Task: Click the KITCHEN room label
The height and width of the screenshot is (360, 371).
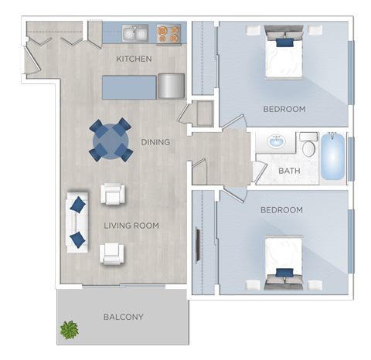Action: [x=134, y=59]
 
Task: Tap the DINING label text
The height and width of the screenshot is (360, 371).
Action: [x=155, y=142]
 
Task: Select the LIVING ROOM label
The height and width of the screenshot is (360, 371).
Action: [x=131, y=226]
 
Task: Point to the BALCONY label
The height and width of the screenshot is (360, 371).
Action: [x=123, y=317]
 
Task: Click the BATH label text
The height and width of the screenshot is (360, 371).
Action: [x=289, y=171]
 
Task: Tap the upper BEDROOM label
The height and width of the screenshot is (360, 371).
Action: [x=284, y=109]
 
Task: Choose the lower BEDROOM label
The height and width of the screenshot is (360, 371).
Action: [x=281, y=210]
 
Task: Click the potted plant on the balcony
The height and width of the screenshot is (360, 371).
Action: [x=70, y=330]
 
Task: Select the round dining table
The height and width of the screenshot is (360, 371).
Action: [x=110, y=140]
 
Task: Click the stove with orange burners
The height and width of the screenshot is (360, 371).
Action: [x=168, y=33]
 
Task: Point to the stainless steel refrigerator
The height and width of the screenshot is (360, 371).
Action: [x=171, y=85]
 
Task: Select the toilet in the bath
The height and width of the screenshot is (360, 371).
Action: [x=308, y=145]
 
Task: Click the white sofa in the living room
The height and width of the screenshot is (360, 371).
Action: [x=77, y=222]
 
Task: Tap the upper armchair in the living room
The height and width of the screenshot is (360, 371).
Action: [x=113, y=194]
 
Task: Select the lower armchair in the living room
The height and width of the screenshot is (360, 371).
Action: [x=112, y=253]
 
